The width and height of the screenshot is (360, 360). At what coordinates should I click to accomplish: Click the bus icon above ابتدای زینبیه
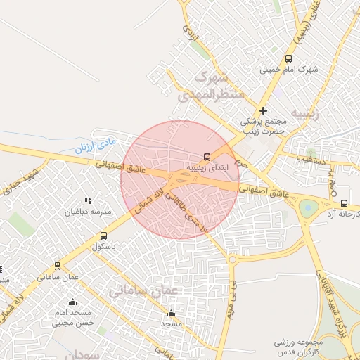(x=207, y=157)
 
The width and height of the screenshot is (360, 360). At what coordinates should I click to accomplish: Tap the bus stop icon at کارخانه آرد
(x=343, y=204)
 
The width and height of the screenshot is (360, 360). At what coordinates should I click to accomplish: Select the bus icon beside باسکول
(x=104, y=236)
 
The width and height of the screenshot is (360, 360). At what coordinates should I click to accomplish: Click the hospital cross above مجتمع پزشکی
(x=264, y=110)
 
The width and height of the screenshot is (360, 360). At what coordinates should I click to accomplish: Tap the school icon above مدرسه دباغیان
(x=88, y=201)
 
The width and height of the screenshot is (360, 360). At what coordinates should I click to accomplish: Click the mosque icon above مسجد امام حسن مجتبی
(x=72, y=302)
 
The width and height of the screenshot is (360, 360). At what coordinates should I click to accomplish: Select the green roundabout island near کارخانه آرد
(x=309, y=208)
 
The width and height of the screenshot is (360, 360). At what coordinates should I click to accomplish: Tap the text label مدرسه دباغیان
(x=88, y=212)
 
